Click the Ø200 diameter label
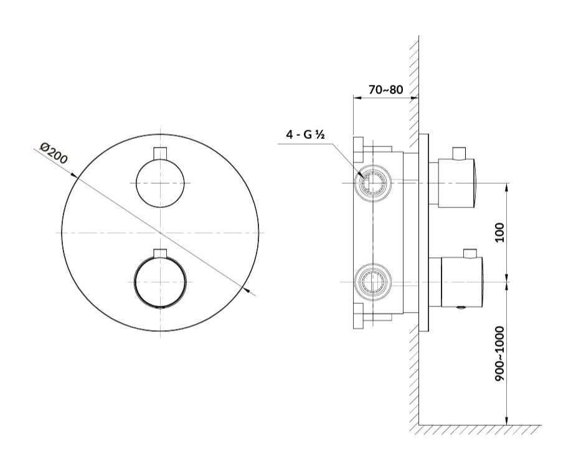(x=54, y=153)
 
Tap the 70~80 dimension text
(x=385, y=89)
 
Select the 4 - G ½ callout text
(x=305, y=135)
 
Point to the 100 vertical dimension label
(x=499, y=232)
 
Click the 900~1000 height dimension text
(x=499, y=353)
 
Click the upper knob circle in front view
(x=160, y=183)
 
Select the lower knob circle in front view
(x=160, y=282)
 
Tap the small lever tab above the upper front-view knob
(x=160, y=153)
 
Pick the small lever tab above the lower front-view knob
(x=160, y=253)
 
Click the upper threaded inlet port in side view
(x=372, y=182)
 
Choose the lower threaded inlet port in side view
(x=372, y=282)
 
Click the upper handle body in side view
(x=457, y=183)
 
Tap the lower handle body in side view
(x=462, y=282)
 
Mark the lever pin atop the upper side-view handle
(x=459, y=153)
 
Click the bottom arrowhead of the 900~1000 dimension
(x=507, y=420)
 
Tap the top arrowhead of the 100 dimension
(x=507, y=188)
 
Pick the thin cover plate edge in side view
(x=423, y=232)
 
